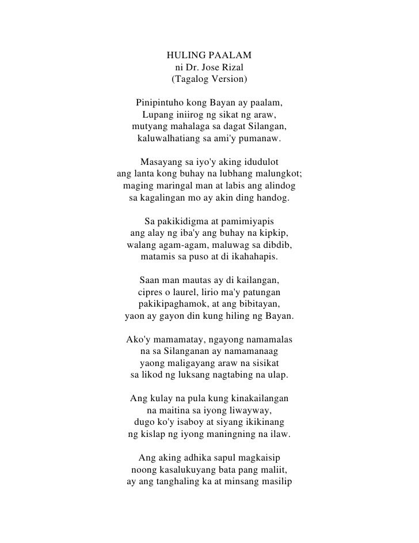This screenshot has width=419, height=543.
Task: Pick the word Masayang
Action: click(161, 163)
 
